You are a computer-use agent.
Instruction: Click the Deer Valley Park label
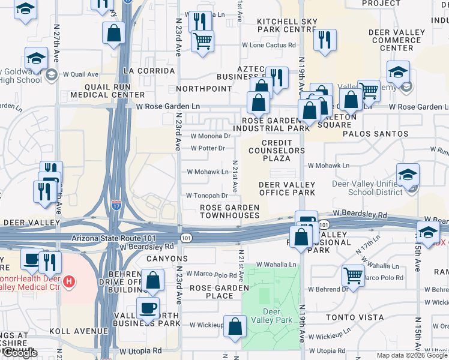pyautogui.click(x=277, y=316)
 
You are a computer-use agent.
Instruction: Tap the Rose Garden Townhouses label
pyautogui.click(x=229, y=211)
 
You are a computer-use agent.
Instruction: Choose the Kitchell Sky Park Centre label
pyautogui.click(x=287, y=25)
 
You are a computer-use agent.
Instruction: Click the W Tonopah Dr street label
pyautogui.click(x=207, y=196)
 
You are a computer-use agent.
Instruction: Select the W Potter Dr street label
pyautogui.click(x=208, y=148)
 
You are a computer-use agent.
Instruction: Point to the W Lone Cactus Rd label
pyautogui.click(x=269, y=45)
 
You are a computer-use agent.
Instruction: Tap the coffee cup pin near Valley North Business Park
pyautogui.click(x=148, y=308)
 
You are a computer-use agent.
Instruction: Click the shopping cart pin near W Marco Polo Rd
pyautogui.click(x=354, y=275)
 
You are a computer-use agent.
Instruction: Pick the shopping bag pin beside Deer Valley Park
pyautogui.click(x=235, y=326)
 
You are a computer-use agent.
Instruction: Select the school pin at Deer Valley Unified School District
pyautogui.click(x=408, y=175)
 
